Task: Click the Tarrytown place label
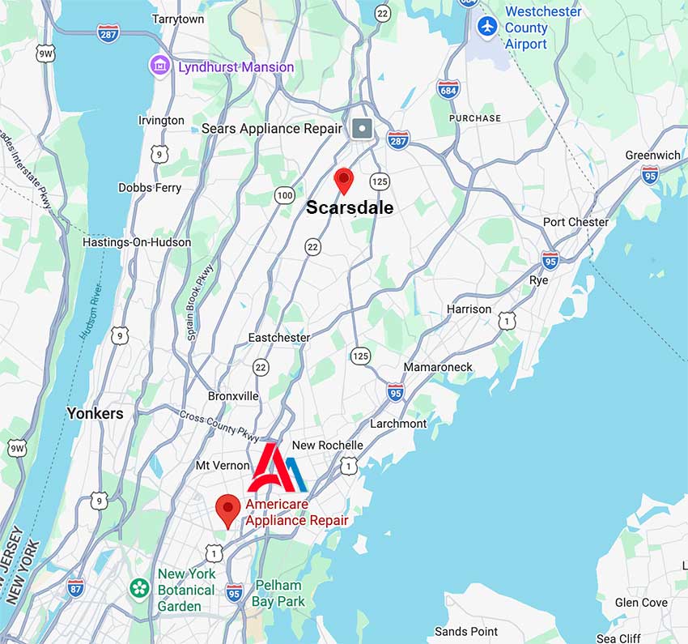(x=177, y=19)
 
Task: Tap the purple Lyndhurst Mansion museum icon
(x=159, y=65)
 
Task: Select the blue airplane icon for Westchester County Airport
(x=486, y=26)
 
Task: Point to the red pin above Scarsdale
(x=344, y=180)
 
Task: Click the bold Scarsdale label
(x=350, y=207)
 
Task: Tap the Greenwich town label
(x=652, y=155)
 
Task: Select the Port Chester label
(x=575, y=222)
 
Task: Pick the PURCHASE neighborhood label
(x=476, y=118)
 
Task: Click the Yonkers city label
(x=96, y=413)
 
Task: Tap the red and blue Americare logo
(x=278, y=468)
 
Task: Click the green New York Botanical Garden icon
(x=140, y=586)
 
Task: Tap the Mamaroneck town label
(x=438, y=367)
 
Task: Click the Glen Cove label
(x=641, y=603)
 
